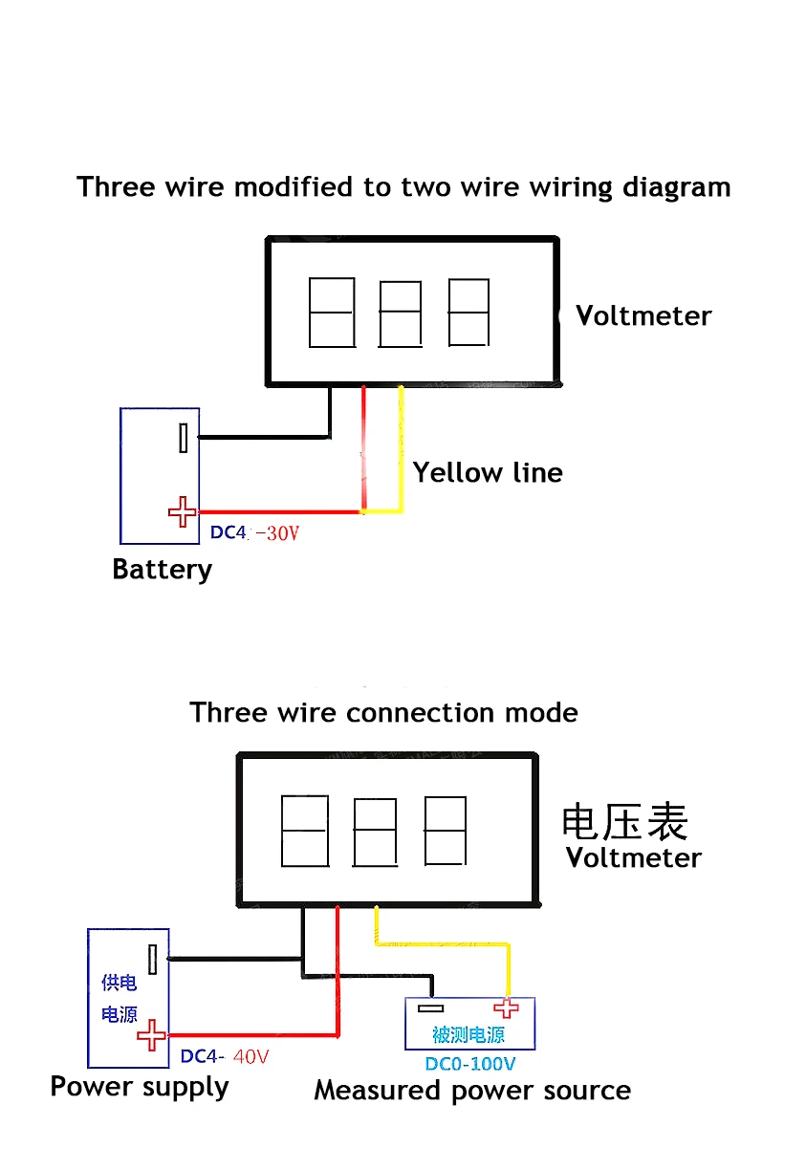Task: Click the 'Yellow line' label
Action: [488, 473]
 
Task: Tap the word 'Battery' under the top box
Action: [162, 570]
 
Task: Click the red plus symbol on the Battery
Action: [182, 512]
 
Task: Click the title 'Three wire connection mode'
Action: [383, 713]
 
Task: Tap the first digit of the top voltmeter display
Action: [331, 313]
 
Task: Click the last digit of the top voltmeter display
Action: [468, 313]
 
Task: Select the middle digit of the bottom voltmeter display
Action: [375, 832]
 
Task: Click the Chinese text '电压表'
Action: [624, 821]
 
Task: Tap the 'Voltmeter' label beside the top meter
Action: [643, 316]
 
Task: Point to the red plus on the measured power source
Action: [506, 1008]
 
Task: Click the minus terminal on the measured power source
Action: [431, 1008]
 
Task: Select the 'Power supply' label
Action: [140, 1088]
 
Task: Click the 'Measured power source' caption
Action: [472, 1091]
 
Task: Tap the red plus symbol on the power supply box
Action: [151, 1035]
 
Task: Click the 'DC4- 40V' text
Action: [225, 1057]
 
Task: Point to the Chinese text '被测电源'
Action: [468, 1035]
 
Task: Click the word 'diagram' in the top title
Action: [676, 187]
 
